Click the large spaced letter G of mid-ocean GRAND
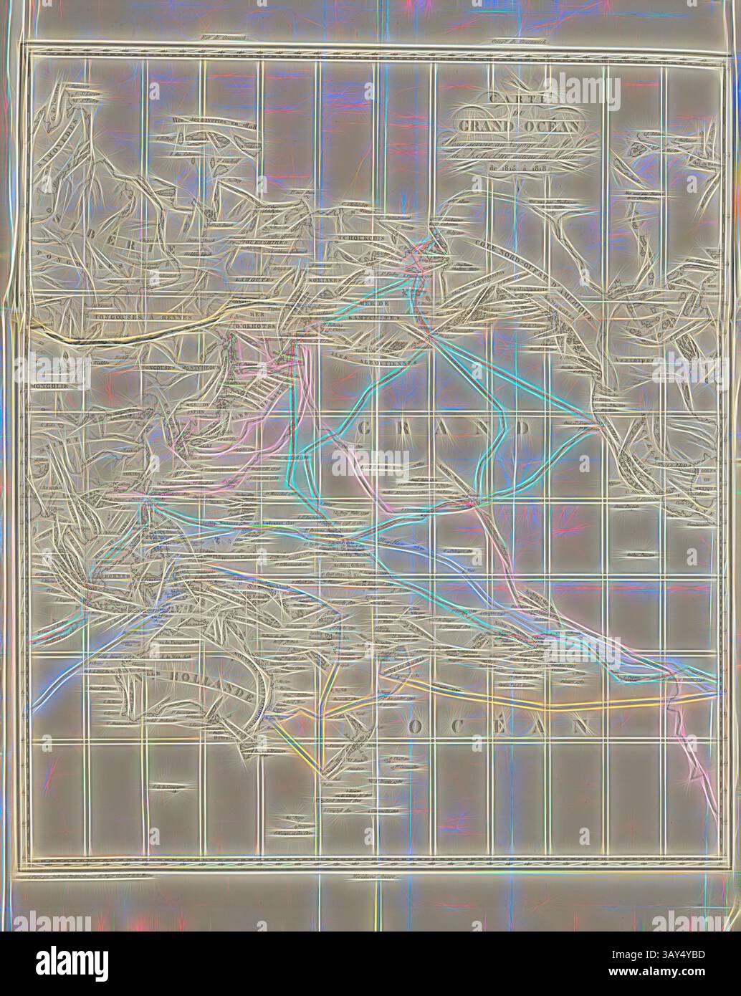point(365,428)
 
